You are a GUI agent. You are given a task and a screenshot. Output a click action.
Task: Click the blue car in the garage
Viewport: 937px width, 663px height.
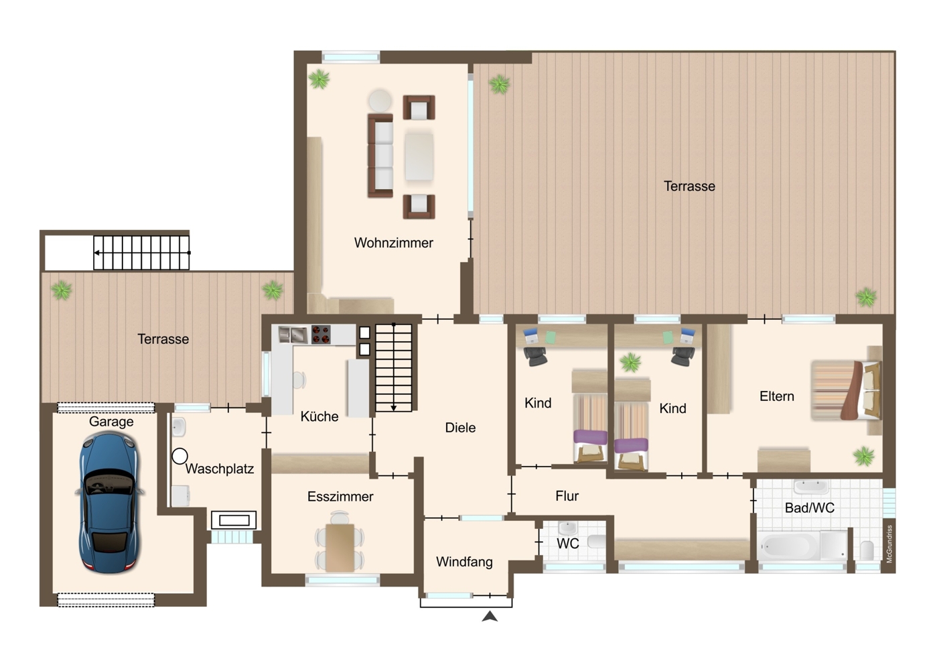110,502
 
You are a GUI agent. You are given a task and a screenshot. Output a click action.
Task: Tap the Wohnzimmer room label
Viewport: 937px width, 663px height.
393,243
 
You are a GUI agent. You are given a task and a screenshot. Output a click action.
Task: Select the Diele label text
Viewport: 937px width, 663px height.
460,427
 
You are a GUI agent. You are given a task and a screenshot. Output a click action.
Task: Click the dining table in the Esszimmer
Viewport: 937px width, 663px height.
340,548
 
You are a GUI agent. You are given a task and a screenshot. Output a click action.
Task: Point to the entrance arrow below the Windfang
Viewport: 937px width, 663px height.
490,617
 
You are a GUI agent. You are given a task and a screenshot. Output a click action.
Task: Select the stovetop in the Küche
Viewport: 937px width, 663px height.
321,335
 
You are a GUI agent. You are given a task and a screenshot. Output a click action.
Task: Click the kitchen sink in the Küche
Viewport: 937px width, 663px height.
293,335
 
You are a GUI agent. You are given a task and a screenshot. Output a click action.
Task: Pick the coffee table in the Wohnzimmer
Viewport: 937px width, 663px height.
419,157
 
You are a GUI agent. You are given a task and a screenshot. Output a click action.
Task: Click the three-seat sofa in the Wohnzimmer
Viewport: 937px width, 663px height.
380,156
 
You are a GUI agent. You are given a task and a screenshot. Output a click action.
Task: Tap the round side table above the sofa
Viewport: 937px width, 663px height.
380,101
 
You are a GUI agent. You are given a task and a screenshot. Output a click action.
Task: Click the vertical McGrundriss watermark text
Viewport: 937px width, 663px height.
889,544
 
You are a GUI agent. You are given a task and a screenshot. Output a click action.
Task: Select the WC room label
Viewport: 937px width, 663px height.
568,544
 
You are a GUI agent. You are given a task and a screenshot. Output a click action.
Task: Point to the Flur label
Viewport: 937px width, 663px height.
567,496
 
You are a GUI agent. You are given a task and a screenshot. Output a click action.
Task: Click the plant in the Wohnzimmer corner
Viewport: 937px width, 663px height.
319,79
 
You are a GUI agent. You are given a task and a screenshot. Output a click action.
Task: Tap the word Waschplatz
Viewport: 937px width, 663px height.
220,469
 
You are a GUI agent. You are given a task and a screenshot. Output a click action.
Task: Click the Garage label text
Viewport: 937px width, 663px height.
111,422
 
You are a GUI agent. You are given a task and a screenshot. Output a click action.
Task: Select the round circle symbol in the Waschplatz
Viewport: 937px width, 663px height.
180,457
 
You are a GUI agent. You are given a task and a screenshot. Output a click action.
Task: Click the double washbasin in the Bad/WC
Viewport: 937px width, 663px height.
811,487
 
